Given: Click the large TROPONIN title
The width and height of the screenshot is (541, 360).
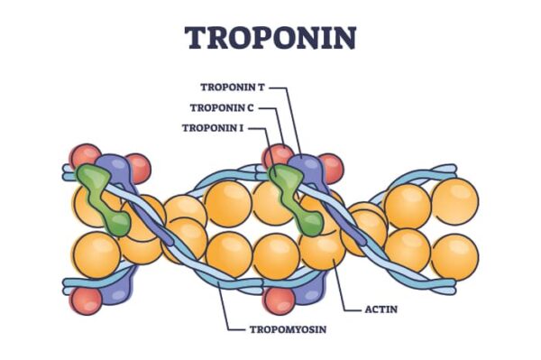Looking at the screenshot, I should [270, 37].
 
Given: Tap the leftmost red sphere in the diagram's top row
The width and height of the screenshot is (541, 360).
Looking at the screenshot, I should [86, 156].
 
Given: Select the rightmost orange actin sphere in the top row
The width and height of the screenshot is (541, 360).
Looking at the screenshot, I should [454, 200].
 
